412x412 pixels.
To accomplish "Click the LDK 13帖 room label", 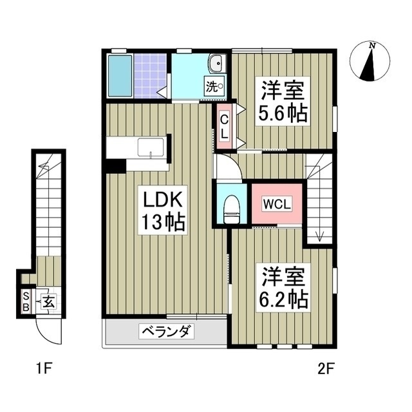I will pos(164,212).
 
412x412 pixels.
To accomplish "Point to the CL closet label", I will pos(224,127).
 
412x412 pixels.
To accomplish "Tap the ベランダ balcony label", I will pos(165,332).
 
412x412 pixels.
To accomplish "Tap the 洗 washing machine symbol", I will pos(214,86).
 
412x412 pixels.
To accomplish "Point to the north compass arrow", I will pos(371,63).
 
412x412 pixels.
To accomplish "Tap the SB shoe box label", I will pos(26,301).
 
